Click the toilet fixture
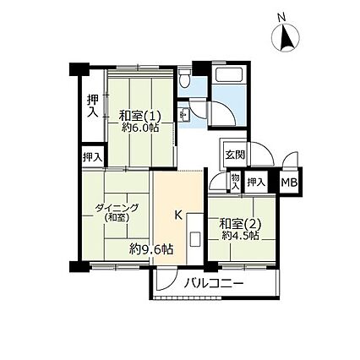(x=185, y=78)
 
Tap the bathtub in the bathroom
(x=229, y=74)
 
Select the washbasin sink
(x=184, y=115)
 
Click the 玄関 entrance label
(x=235, y=155)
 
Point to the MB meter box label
(x=289, y=183)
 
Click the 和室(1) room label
(x=140, y=116)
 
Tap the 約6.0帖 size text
(x=140, y=128)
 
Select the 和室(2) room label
(x=240, y=224)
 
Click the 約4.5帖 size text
(x=240, y=236)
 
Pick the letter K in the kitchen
(x=178, y=215)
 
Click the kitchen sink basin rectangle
(x=194, y=239)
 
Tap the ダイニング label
(x=117, y=208)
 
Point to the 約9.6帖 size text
(x=151, y=249)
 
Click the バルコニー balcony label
(x=214, y=283)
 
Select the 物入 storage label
(x=235, y=182)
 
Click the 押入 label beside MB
(x=256, y=183)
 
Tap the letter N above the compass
(x=281, y=18)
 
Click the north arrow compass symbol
(x=286, y=37)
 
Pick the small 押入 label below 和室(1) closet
(x=92, y=157)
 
